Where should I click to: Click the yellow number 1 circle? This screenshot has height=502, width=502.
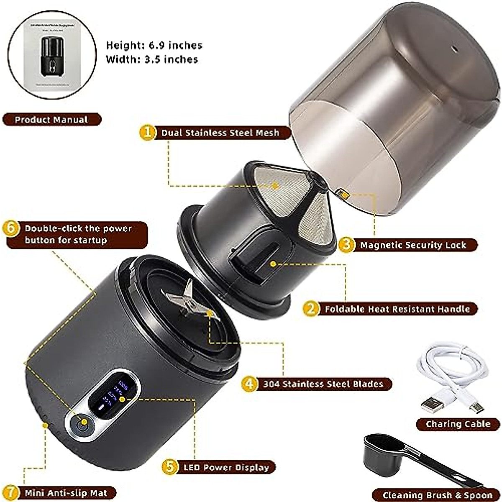pos(147,133)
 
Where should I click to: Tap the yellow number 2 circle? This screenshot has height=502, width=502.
pos(310,309)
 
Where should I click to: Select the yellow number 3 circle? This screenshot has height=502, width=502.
pos(346,245)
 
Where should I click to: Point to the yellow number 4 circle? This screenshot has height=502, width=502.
pos(249,384)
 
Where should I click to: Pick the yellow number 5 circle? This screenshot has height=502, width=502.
pos(169,467)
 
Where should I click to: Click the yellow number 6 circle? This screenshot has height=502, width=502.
pos(11,229)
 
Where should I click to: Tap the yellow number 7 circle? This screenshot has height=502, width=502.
pos(12,493)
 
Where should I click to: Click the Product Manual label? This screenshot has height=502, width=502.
pos(51,120)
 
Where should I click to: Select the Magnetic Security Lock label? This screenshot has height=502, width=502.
pos(412,245)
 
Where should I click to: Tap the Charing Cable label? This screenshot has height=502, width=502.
pos(458,424)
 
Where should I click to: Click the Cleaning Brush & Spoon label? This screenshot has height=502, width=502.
pos(437,495)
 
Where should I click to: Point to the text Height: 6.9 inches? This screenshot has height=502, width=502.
pos(154,45)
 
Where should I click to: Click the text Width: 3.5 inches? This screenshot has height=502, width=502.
pos(152,59)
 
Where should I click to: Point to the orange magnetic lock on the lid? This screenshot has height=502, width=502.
pos(343,194)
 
